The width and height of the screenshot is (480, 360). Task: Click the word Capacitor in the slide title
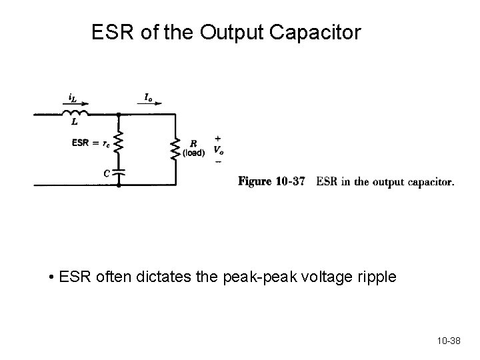click(317, 32)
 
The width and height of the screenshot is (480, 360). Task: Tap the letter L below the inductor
click(75, 123)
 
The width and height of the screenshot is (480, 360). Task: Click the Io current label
click(148, 98)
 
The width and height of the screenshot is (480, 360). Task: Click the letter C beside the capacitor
click(107, 172)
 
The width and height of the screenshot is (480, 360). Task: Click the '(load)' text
click(193, 153)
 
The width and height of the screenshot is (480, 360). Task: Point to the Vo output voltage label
click(217, 149)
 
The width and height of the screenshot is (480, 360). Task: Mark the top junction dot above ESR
click(119, 115)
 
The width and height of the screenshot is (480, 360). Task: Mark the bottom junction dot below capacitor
click(119, 184)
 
